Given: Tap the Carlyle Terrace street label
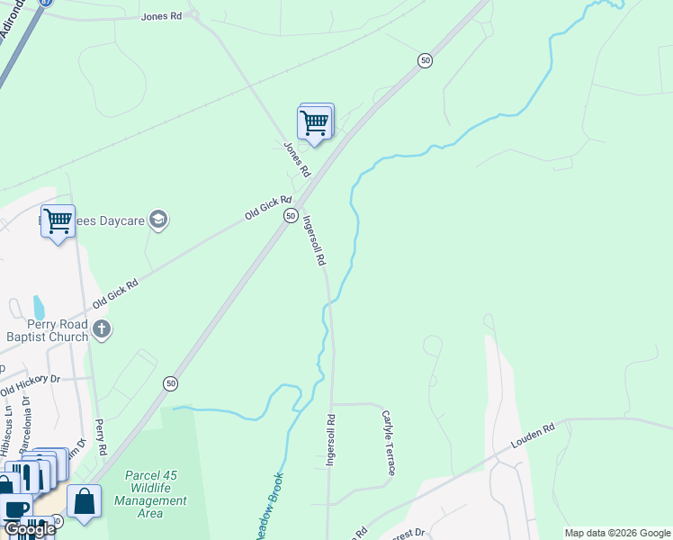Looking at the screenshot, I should click(389, 444).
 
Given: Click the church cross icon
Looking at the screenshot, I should click(101, 330).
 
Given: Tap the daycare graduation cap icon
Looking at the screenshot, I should click(158, 220).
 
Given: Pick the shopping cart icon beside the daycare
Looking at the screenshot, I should click(58, 220).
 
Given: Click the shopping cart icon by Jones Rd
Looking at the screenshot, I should click(314, 121).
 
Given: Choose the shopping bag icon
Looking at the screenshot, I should click(84, 502).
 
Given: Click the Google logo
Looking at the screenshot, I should click(29, 529).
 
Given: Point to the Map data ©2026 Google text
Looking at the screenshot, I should click(617, 533).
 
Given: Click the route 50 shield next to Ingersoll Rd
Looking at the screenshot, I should click(291, 216).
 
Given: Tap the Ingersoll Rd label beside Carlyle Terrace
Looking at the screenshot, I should click(331, 439).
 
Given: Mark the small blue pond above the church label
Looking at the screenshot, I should click(38, 307).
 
